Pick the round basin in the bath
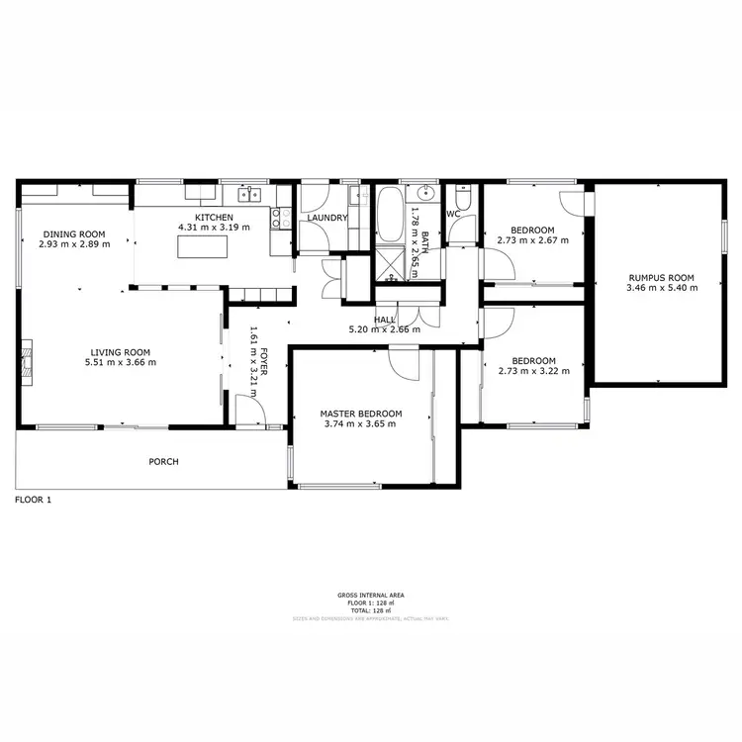click(x=425, y=194)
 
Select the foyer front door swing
click(x=247, y=409)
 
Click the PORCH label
click(x=163, y=462)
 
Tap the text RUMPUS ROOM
click(x=662, y=278)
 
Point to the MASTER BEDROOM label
click(x=360, y=414)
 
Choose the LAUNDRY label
click(x=326, y=218)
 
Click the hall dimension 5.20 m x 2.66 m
click(x=385, y=329)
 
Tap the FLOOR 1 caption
click(x=33, y=501)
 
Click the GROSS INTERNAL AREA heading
click(x=370, y=596)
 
